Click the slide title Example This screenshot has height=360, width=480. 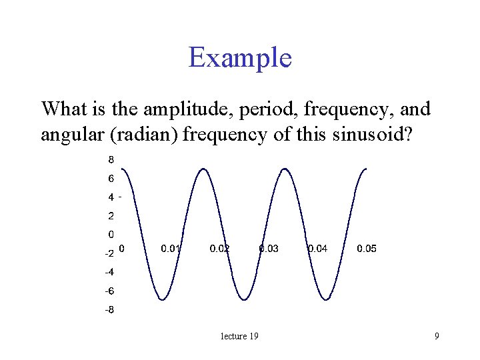(240, 58)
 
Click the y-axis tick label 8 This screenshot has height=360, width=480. (111, 159)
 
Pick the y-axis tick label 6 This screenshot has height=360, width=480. (111, 178)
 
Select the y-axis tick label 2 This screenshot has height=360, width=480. (111, 216)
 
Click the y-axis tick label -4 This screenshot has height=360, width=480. (109, 272)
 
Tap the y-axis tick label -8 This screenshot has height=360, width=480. (109, 310)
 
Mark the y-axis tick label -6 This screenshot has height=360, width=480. (109, 291)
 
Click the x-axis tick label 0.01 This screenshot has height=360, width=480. (171, 249)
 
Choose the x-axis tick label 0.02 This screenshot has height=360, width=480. (219, 249)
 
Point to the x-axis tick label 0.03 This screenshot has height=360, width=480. (269, 249)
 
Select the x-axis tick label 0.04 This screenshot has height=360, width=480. (317, 249)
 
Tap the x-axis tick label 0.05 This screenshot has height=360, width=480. (367, 249)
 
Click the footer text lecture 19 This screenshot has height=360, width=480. (239, 336)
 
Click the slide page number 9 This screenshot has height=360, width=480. (437, 336)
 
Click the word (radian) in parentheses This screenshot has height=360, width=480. (146, 135)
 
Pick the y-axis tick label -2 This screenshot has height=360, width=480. (109, 253)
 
